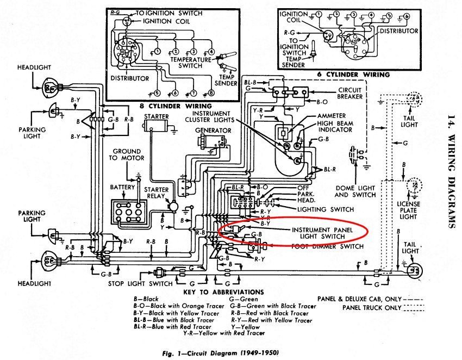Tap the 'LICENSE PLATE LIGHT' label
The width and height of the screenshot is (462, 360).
click(x=408, y=210)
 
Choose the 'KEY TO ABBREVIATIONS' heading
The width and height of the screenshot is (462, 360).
click(x=224, y=292)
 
